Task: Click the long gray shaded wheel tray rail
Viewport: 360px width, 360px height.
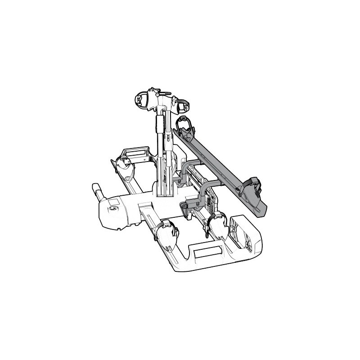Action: click(x=220, y=167)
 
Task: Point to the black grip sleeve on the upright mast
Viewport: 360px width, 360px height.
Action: click(x=160, y=123)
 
